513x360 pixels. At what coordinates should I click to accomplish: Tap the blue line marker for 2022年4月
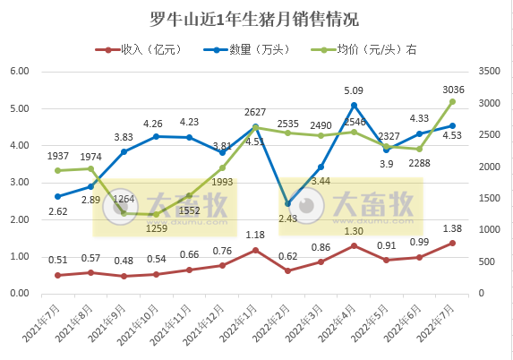coord(354,105)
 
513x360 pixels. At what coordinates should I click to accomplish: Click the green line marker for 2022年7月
coord(452,102)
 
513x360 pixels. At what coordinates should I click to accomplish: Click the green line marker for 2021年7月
coord(57,170)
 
